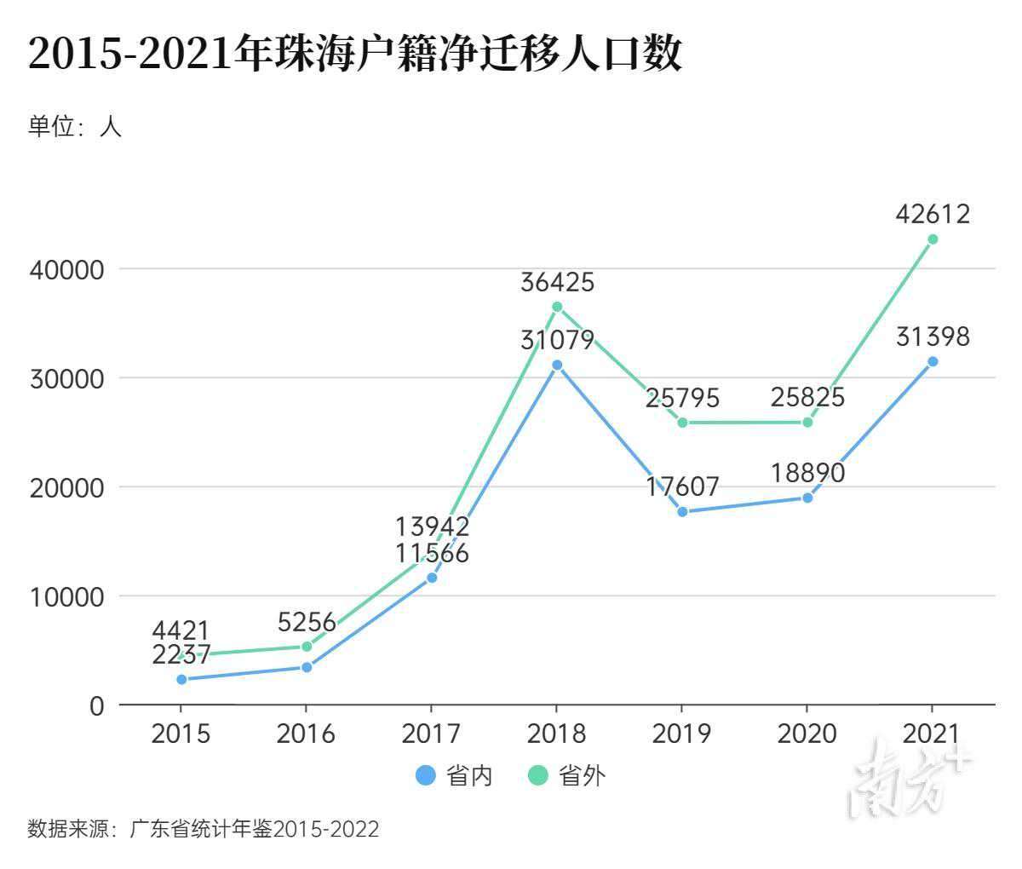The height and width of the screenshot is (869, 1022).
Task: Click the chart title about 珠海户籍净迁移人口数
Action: click(x=355, y=55)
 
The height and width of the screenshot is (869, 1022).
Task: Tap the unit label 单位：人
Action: click(x=75, y=127)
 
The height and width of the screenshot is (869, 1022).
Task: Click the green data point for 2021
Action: click(x=933, y=239)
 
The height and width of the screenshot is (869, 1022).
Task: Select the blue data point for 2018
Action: click(x=557, y=365)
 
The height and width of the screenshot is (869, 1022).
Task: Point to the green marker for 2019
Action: click(x=682, y=423)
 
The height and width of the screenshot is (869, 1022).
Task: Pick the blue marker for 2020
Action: click(x=807, y=498)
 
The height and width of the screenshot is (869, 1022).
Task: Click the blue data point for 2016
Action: click(x=307, y=667)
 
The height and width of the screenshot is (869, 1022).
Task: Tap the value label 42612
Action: click(x=933, y=214)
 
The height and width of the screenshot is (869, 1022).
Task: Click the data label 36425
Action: click(x=557, y=282)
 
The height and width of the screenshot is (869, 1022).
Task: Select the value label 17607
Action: click(x=682, y=486)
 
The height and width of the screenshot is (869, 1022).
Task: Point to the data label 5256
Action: click(x=307, y=623)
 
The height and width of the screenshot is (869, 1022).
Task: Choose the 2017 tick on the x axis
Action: click(x=431, y=734)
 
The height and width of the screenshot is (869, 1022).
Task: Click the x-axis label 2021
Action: click(x=933, y=734)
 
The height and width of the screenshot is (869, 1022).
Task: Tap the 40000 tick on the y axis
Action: click(x=66, y=270)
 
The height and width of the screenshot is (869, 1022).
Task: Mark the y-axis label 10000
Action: click(x=66, y=597)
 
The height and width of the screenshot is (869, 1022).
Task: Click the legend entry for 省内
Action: click(x=454, y=775)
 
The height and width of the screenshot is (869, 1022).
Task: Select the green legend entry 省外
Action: click(x=567, y=775)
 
